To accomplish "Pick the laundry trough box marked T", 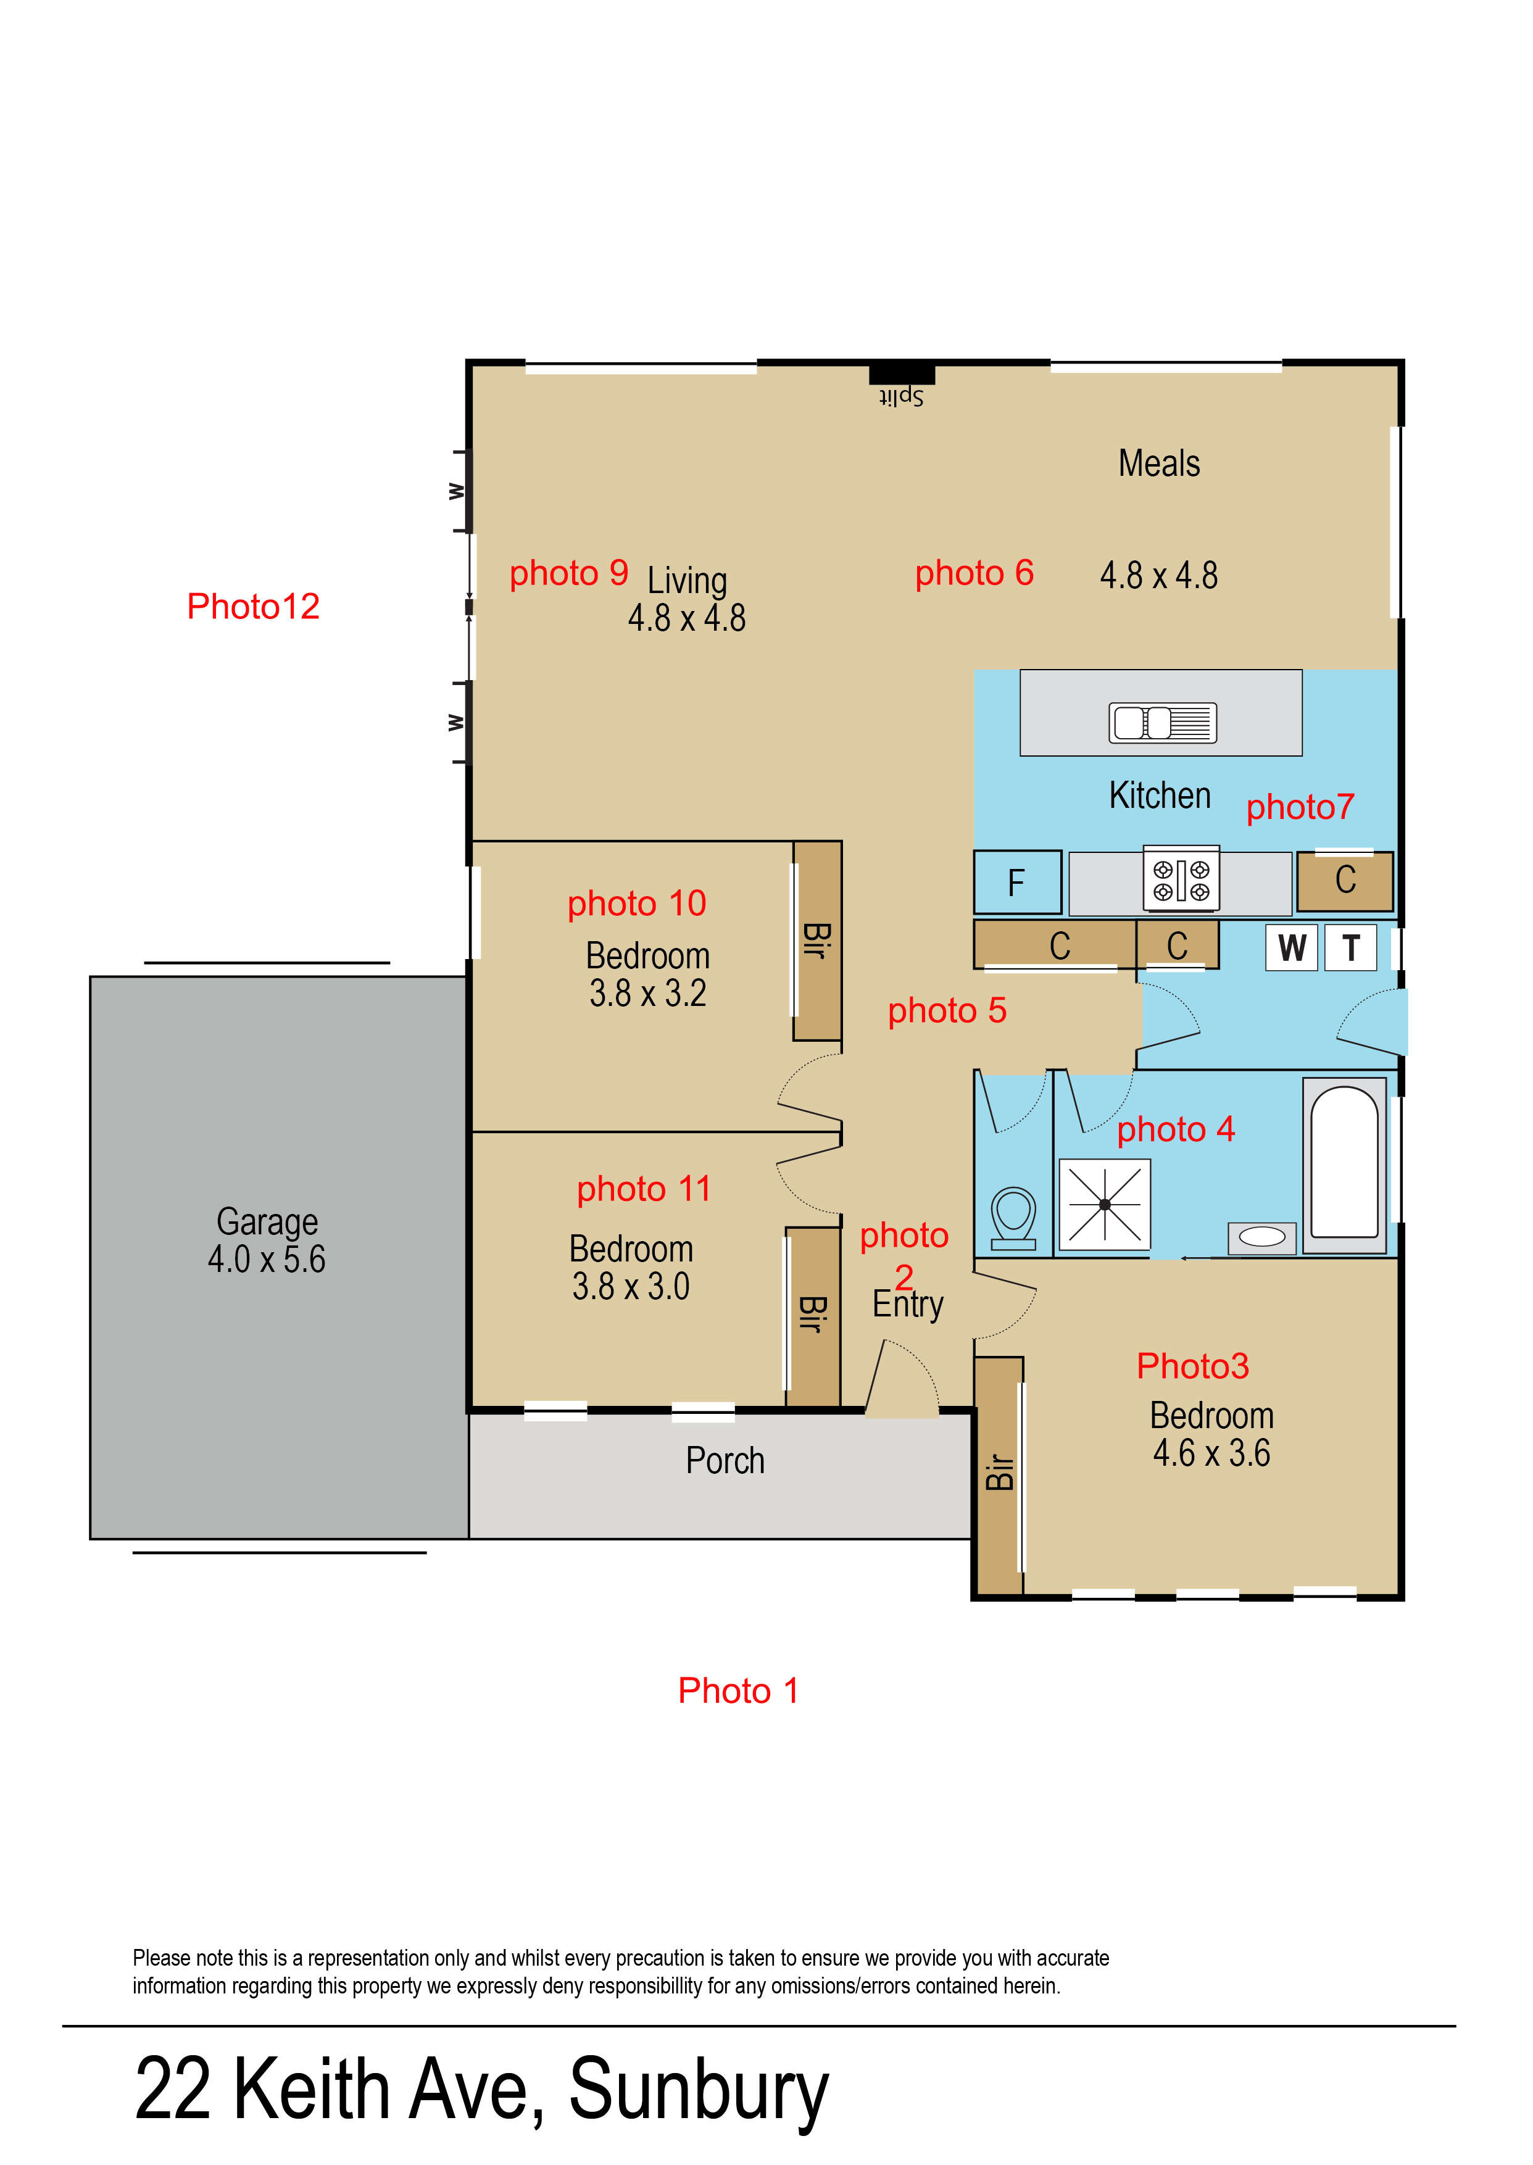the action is click(1351, 947).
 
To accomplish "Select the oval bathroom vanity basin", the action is click(1262, 1237).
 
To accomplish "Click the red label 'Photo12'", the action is click(253, 607).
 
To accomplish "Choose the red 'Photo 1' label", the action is click(738, 1690).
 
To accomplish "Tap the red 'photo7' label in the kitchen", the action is click(1300, 807).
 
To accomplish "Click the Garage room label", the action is click(267, 1222).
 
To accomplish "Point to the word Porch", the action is click(725, 1461).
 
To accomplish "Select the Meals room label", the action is click(1159, 463).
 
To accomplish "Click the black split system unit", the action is click(902, 374).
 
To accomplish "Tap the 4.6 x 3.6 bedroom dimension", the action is click(1211, 1453).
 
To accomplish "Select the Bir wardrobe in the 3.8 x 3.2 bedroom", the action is click(816, 941).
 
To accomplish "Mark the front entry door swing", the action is click(902, 1379).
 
